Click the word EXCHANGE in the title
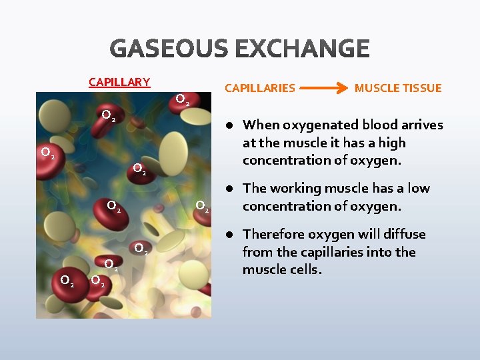pos(304,49)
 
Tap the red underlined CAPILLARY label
pos(119,82)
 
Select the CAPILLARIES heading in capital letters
pos(259,88)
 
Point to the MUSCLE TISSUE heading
pos(398,88)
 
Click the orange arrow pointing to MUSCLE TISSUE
pos(325,88)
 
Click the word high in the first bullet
pos(391,143)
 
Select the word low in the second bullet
pos(417,189)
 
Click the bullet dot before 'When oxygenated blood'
pos(228,125)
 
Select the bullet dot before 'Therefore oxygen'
pos(228,235)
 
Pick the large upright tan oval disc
pos(172,153)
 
